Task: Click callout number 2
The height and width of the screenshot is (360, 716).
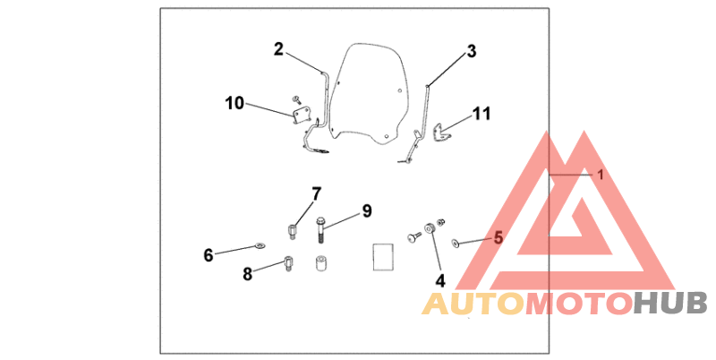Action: pos(278,49)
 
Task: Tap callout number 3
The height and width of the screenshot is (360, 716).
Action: pos(471,51)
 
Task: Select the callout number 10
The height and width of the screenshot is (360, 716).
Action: pos(234,103)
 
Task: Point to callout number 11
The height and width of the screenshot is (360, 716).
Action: pos(482,114)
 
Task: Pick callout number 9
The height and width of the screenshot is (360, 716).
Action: pos(366,210)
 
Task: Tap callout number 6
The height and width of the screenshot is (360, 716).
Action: pos(209,255)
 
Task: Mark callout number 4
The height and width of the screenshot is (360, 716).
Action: pos(440,279)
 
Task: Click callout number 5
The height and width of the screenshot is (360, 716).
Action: pos(499,238)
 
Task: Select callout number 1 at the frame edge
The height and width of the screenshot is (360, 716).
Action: pos(601,176)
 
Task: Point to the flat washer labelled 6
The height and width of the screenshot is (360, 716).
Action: pos(260,244)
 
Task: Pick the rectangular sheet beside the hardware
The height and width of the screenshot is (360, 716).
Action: pos(382,256)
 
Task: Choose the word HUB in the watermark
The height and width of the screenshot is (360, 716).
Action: pos(670,304)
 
